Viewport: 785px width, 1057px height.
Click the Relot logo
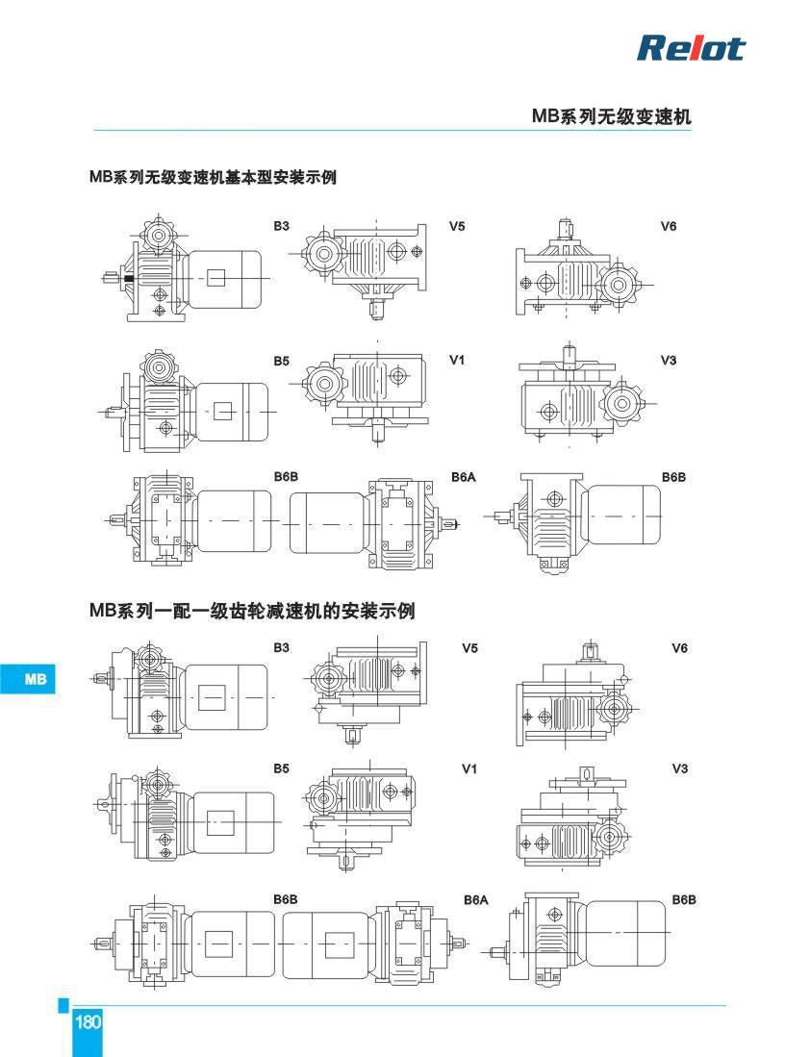(x=691, y=48)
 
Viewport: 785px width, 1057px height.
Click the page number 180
(x=88, y=1022)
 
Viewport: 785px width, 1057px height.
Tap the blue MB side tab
(x=28, y=678)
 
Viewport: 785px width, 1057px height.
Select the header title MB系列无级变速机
(x=611, y=116)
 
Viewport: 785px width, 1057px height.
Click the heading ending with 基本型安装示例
(x=213, y=177)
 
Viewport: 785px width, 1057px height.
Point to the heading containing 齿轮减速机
(x=252, y=611)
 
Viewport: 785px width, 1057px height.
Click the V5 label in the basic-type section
(x=457, y=227)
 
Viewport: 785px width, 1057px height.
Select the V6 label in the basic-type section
(x=669, y=227)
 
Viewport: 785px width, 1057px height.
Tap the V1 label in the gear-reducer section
(x=469, y=768)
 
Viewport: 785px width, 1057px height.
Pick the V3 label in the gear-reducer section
(x=680, y=768)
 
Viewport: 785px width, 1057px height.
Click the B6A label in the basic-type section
(x=464, y=477)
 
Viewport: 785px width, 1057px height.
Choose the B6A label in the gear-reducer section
(x=475, y=900)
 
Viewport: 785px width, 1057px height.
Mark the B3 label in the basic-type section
(x=281, y=227)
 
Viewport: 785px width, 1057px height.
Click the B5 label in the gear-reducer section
(x=281, y=768)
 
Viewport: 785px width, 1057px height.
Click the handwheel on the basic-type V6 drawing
(x=620, y=285)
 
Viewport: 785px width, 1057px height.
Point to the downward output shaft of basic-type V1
(x=378, y=431)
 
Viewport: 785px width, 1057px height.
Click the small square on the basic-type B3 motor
(x=215, y=278)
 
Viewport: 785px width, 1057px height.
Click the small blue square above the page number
(x=63, y=1005)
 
